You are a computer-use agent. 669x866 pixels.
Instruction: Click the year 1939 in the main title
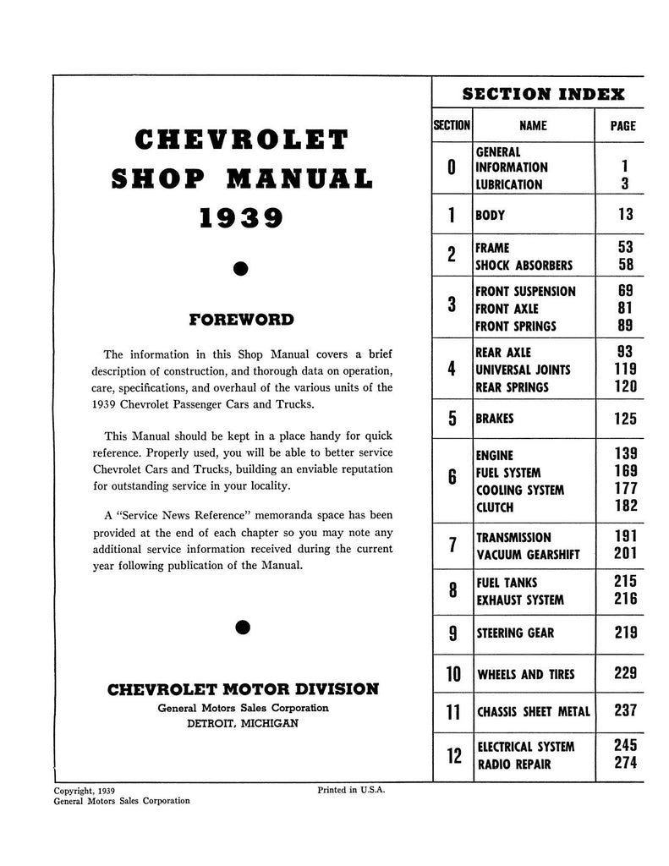point(241,217)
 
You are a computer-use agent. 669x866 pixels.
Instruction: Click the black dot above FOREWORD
point(241,269)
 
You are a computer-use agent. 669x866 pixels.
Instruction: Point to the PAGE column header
point(622,126)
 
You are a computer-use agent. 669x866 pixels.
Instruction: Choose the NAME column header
point(533,126)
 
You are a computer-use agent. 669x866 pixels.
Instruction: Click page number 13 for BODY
point(625,215)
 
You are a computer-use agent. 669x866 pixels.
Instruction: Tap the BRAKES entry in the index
point(496,419)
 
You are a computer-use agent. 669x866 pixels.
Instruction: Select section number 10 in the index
point(452,674)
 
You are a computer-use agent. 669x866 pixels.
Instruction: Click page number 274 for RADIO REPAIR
point(625,765)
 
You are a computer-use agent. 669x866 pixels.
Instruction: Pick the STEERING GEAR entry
point(515,633)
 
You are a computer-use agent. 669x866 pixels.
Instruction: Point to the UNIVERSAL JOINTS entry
point(523,370)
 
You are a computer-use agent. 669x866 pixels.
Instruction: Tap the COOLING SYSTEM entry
point(520,491)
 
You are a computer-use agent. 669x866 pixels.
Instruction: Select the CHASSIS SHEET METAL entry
point(534,711)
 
